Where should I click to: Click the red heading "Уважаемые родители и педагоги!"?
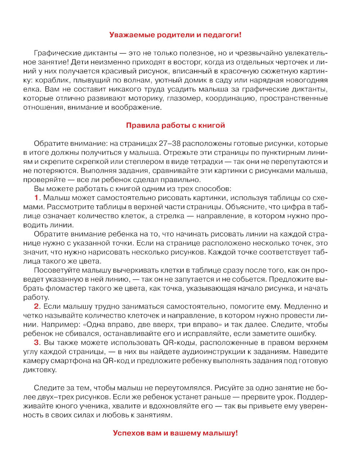coord(175,35)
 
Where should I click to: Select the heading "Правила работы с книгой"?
coord(175,125)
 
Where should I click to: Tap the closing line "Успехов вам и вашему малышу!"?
coord(175,433)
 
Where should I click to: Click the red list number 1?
coord(36,198)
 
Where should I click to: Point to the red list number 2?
coord(36,306)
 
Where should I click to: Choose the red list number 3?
coord(36,342)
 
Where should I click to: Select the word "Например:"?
coord(58,324)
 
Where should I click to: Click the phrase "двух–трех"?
coord(55,397)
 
